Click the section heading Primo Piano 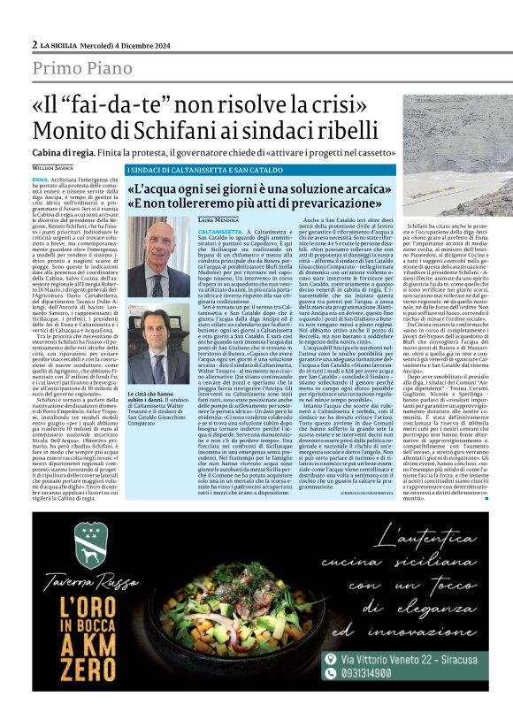point(91,67)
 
